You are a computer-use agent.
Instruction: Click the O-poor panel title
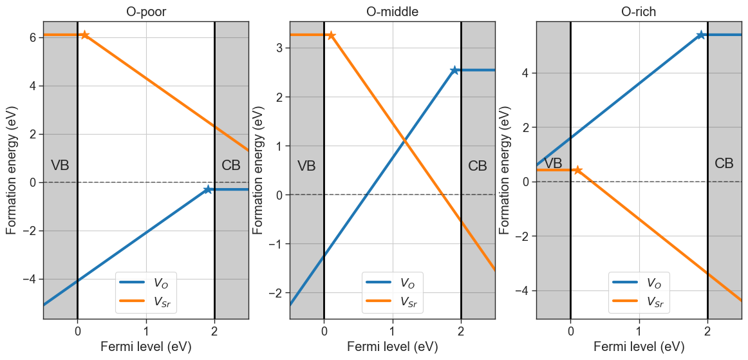coord(146,12)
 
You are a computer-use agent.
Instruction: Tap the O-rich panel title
coord(640,12)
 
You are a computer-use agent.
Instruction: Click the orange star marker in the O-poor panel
coord(84,35)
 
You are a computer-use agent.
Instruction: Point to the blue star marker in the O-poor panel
coord(207,189)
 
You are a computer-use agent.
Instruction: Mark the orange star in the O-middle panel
coord(331,35)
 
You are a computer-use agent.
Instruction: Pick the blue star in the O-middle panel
coord(454,70)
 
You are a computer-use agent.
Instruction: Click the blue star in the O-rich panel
coord(701,35)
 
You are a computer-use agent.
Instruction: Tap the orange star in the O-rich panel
coord(577,170)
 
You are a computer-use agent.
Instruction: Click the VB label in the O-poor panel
coord(60,166)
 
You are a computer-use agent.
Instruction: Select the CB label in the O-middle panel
coord(478,166)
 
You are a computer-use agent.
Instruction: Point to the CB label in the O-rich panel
coord(724,164)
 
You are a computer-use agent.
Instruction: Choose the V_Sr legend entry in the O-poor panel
coord(147,301)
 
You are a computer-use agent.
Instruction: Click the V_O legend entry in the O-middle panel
coord(392,283)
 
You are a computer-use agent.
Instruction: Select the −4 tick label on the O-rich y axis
coord(524,291)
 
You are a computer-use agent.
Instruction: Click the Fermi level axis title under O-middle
coord(393,346)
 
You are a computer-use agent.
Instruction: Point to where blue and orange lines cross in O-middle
coord(404,139)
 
